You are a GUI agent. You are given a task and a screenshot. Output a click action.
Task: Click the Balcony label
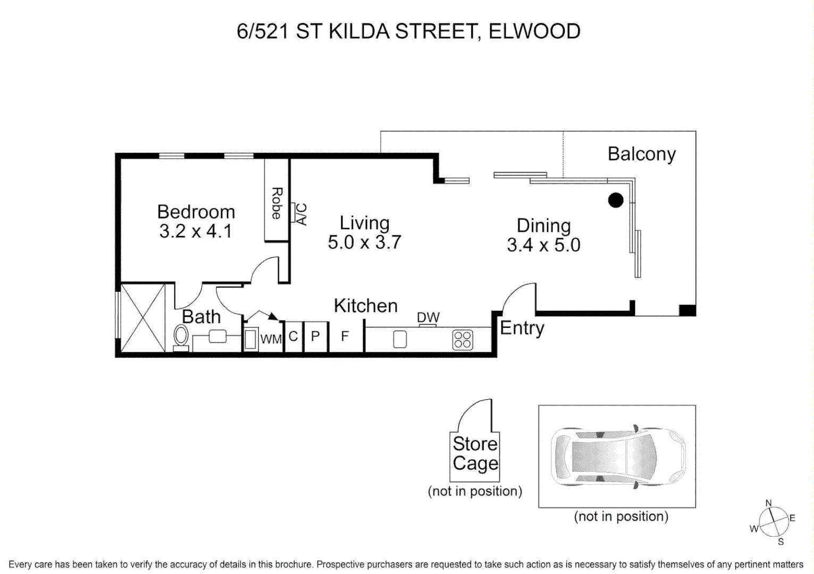pos(641,154)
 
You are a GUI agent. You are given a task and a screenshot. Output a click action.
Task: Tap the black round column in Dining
pos(615,200)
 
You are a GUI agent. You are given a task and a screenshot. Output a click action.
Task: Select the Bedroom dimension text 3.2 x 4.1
pos(196,232)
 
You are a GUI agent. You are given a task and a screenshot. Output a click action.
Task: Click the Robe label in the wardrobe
pos(276,203)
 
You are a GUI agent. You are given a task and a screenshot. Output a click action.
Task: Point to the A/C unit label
pos(300,214)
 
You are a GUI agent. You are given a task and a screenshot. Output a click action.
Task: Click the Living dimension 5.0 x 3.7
pos(364,242)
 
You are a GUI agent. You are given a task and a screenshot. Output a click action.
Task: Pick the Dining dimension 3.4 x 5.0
pos(543,245)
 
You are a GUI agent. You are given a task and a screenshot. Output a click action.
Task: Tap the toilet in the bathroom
pos(181,337)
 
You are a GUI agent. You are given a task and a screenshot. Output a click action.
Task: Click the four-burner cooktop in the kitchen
pos(462,340)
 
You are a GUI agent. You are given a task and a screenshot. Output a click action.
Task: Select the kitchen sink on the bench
pos(400,339)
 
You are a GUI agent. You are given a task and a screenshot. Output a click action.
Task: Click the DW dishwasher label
pos(428,317)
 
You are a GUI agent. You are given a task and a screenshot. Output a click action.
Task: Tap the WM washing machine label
pos(271,339)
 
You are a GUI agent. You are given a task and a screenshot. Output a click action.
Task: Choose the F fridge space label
pos(345,336)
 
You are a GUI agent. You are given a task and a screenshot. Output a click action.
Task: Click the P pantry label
pos(315,336)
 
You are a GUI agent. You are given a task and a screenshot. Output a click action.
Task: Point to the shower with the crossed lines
pos(142,318)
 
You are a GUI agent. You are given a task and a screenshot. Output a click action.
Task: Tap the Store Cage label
pos(475,453)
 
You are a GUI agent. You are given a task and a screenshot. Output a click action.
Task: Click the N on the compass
pos(768,503)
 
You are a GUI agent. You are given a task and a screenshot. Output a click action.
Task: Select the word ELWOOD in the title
pos(534,31)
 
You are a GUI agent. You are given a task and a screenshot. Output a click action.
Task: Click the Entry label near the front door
pos(522,328)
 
